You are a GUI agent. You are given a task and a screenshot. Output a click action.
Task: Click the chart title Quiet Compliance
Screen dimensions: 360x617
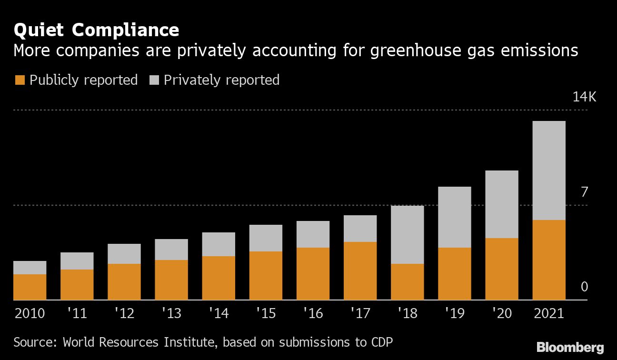point(97,30)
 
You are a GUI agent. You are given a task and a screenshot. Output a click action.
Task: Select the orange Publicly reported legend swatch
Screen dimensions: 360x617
point(20,80)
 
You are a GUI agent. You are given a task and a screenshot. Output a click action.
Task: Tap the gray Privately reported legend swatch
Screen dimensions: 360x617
point(154,80)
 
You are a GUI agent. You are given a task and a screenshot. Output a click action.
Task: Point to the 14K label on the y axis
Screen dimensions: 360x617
point(584,97)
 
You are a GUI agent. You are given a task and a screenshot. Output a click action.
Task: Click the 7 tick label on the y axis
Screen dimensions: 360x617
point(584,192)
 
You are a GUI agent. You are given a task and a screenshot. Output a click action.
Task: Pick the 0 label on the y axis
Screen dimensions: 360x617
point(584,287)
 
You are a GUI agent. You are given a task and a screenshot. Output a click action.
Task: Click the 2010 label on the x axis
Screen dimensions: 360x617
point(30,313)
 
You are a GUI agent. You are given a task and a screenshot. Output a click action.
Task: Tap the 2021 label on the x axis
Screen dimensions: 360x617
point(548,313)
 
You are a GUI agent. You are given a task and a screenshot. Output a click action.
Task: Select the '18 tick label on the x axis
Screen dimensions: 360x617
point(407,313)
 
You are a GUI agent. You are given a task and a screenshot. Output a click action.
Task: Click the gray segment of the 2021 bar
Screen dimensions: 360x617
point(548,170)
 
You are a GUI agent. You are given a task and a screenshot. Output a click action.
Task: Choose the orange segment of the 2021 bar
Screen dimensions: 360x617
point(548,260)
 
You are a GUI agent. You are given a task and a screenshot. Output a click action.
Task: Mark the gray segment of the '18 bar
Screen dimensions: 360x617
point(407,235)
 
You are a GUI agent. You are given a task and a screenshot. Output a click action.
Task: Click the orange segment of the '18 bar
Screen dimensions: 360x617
point(407,282)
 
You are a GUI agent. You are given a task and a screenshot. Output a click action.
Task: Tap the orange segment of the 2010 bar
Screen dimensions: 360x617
point(30,287)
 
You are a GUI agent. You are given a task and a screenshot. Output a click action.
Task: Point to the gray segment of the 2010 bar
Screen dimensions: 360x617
point(30,268)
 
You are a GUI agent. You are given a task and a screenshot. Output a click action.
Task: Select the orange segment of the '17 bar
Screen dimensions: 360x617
point(360,271)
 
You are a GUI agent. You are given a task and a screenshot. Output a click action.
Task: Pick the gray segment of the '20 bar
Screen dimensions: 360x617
point(501,204)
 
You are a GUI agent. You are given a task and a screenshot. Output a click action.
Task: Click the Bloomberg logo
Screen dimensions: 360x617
point(570,347)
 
